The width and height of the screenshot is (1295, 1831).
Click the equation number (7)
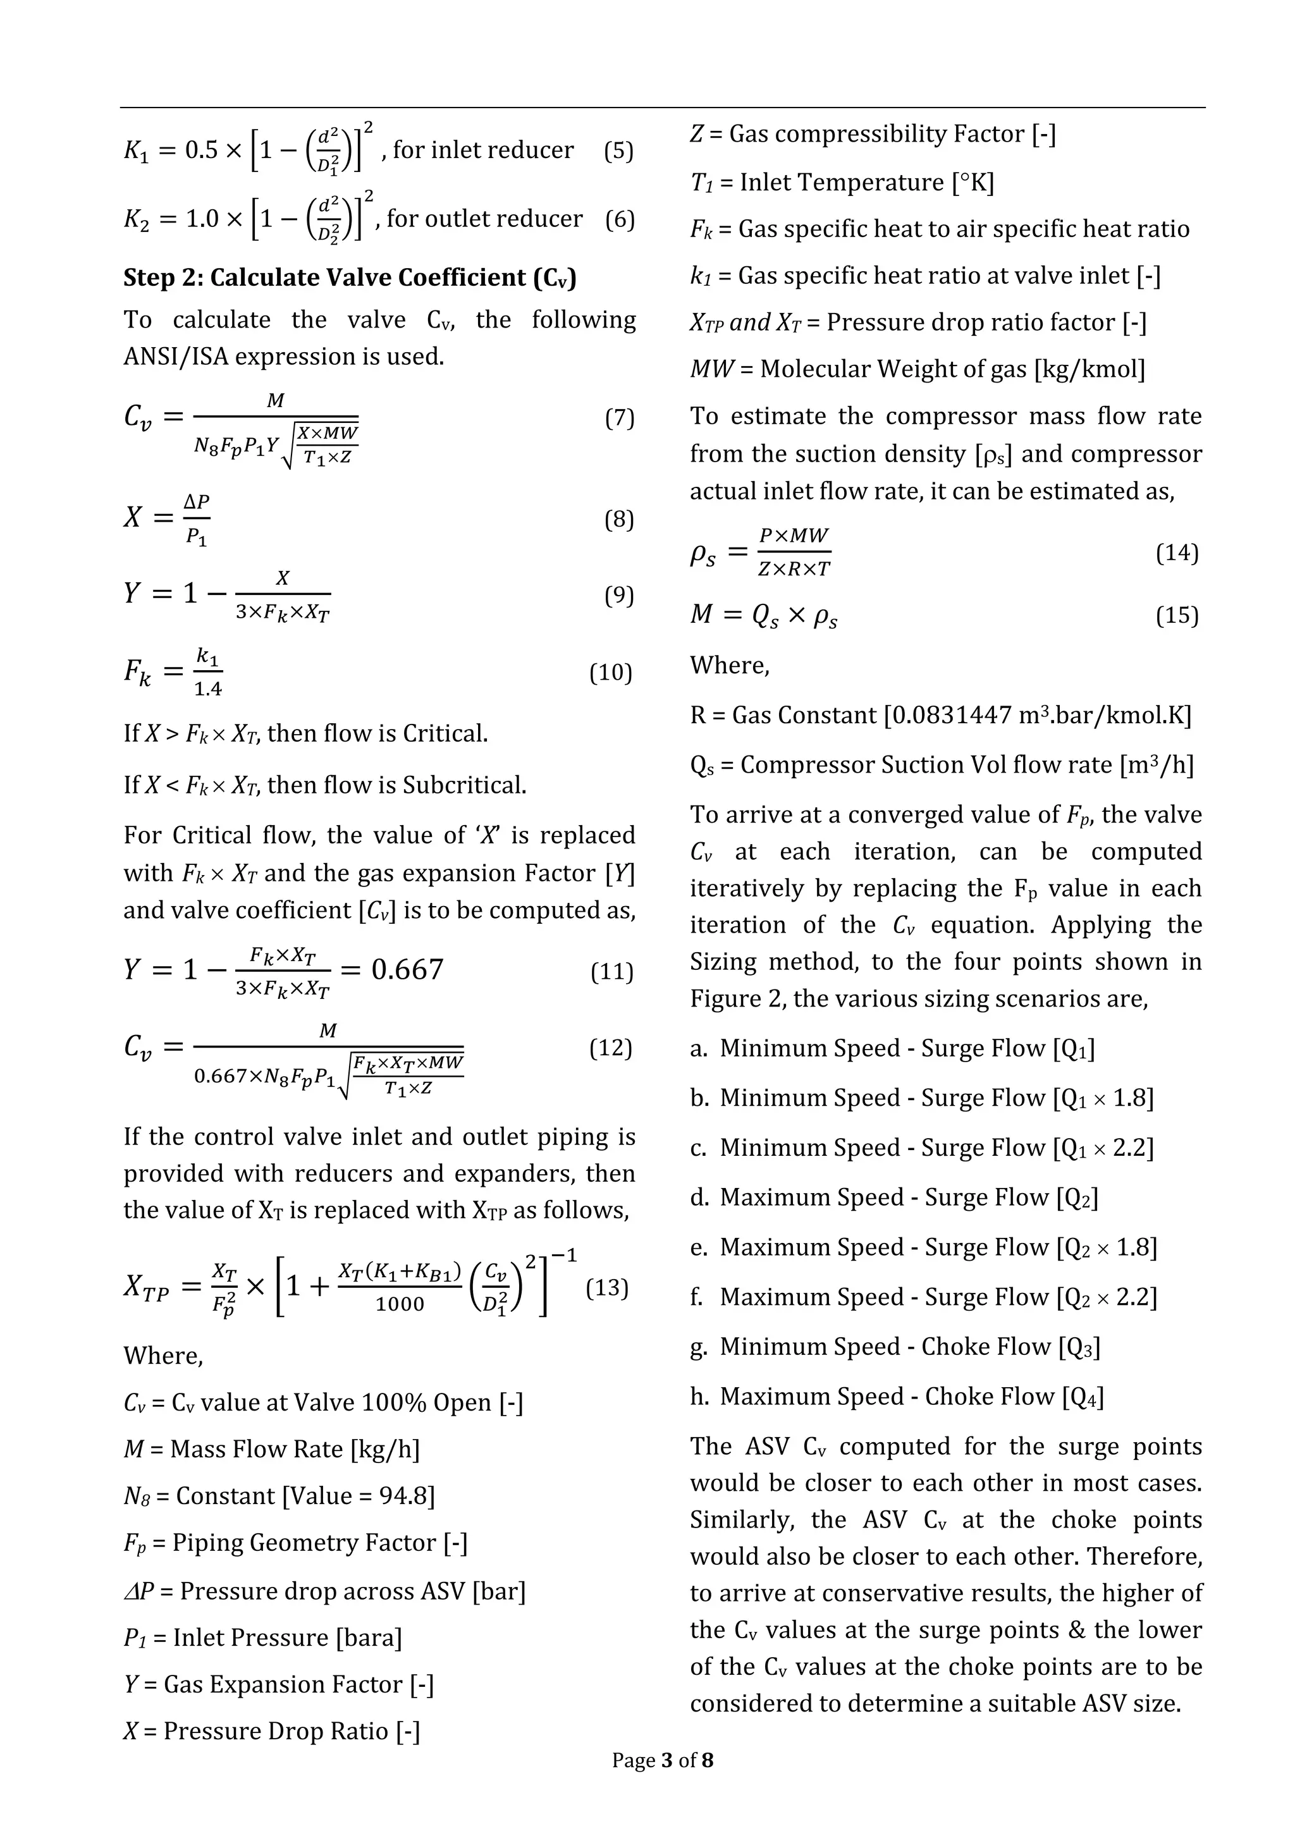[619, 418]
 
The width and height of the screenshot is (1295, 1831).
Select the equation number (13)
[607, 1287]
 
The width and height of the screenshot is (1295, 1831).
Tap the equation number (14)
[1177, 553]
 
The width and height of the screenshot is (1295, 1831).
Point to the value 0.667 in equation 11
[407, 969]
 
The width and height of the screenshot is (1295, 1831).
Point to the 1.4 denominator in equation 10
[208, 689]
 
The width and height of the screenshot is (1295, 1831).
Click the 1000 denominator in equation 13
[400, 1304]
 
